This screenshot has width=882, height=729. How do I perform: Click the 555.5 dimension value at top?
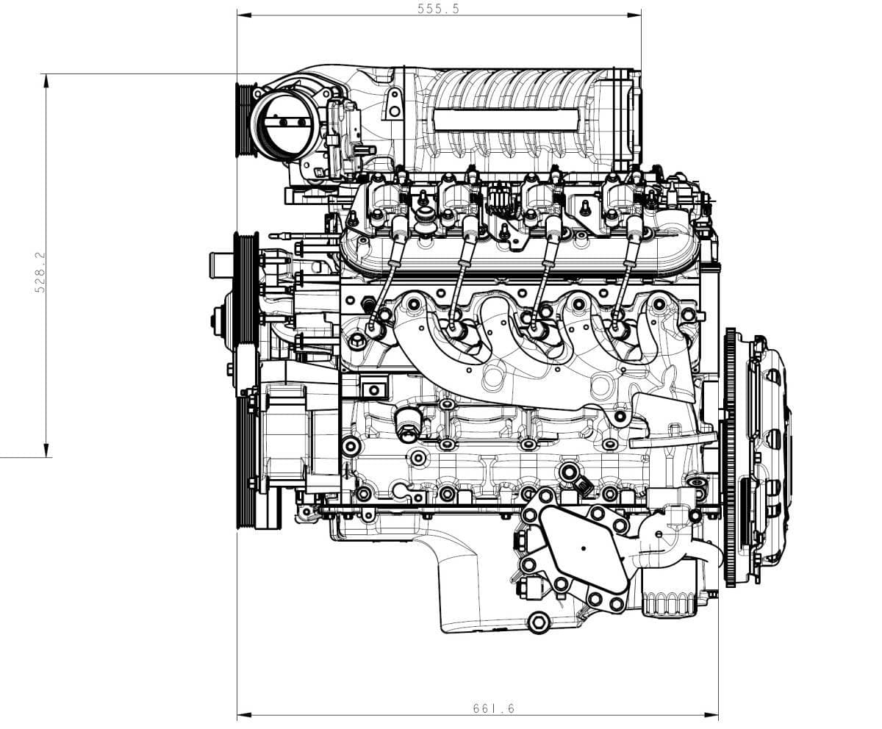click(x=438, y=9)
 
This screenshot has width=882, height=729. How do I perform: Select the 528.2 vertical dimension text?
click(x=40, y=273)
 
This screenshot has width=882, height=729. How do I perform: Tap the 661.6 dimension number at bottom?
click(x=494, y=708)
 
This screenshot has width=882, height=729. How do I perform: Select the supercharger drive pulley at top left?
click(x=245, y=121)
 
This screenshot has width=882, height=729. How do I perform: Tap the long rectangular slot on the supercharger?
click(x=506, y=120)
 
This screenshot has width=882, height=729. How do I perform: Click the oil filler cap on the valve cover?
click(x=425, y=220)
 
